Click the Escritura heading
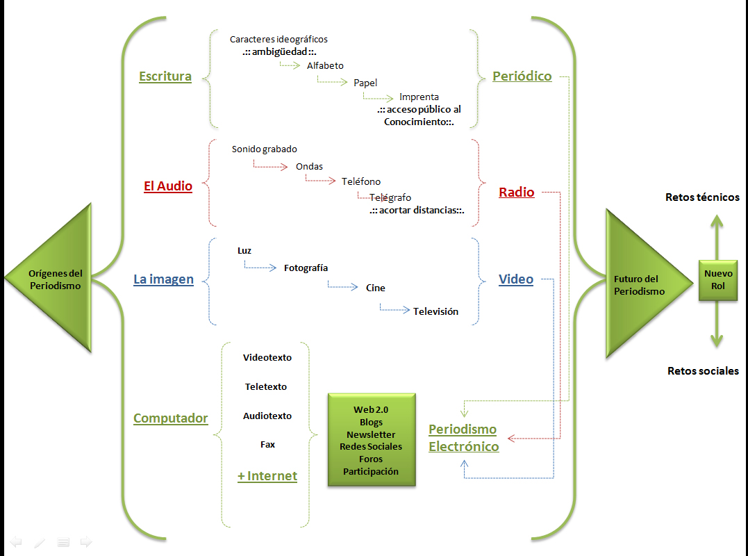(165, 76)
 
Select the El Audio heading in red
(168, 186)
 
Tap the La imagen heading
(163, 279)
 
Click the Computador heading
(171, 418)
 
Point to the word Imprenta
(419, 97)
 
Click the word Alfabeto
(325, 65)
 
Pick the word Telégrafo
(390, 197)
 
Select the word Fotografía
(306, 268)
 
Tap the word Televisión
(435, 311)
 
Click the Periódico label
(522, 76)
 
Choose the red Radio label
(517, 193)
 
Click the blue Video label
(516, 279)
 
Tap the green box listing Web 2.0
(372, 440)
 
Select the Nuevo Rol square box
(718, 279)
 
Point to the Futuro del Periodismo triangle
(636, 285)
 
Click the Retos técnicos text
(702, 197)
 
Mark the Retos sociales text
(703, 370)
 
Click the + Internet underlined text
(267, 476)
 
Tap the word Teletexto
(266, 386)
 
